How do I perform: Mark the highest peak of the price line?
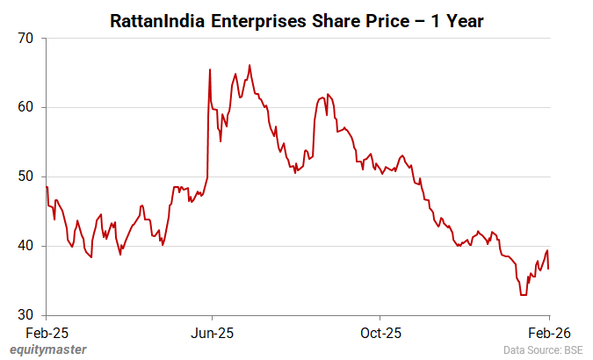click(x=249, y=65)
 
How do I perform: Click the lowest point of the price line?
click(x=524, y=295)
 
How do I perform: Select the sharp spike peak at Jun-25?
click(x=210, y=69)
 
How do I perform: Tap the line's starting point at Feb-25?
click(x=47, y=187)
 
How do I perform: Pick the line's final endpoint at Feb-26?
click(x=549, y=269)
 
